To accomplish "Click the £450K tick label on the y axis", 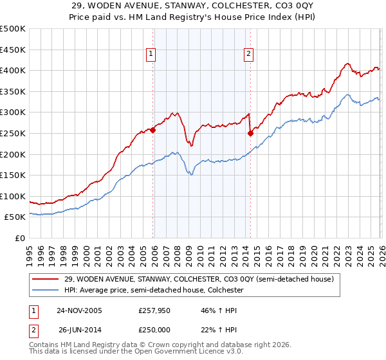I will pos(13,50).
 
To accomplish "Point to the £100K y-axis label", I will pos(13,196).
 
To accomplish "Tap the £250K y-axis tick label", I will pos(13,133).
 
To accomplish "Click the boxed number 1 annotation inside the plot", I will pos(151,55).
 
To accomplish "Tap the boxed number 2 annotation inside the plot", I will pos(248,55).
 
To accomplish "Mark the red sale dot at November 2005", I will pos(153,130).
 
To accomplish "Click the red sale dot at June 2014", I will pos(250,134).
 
